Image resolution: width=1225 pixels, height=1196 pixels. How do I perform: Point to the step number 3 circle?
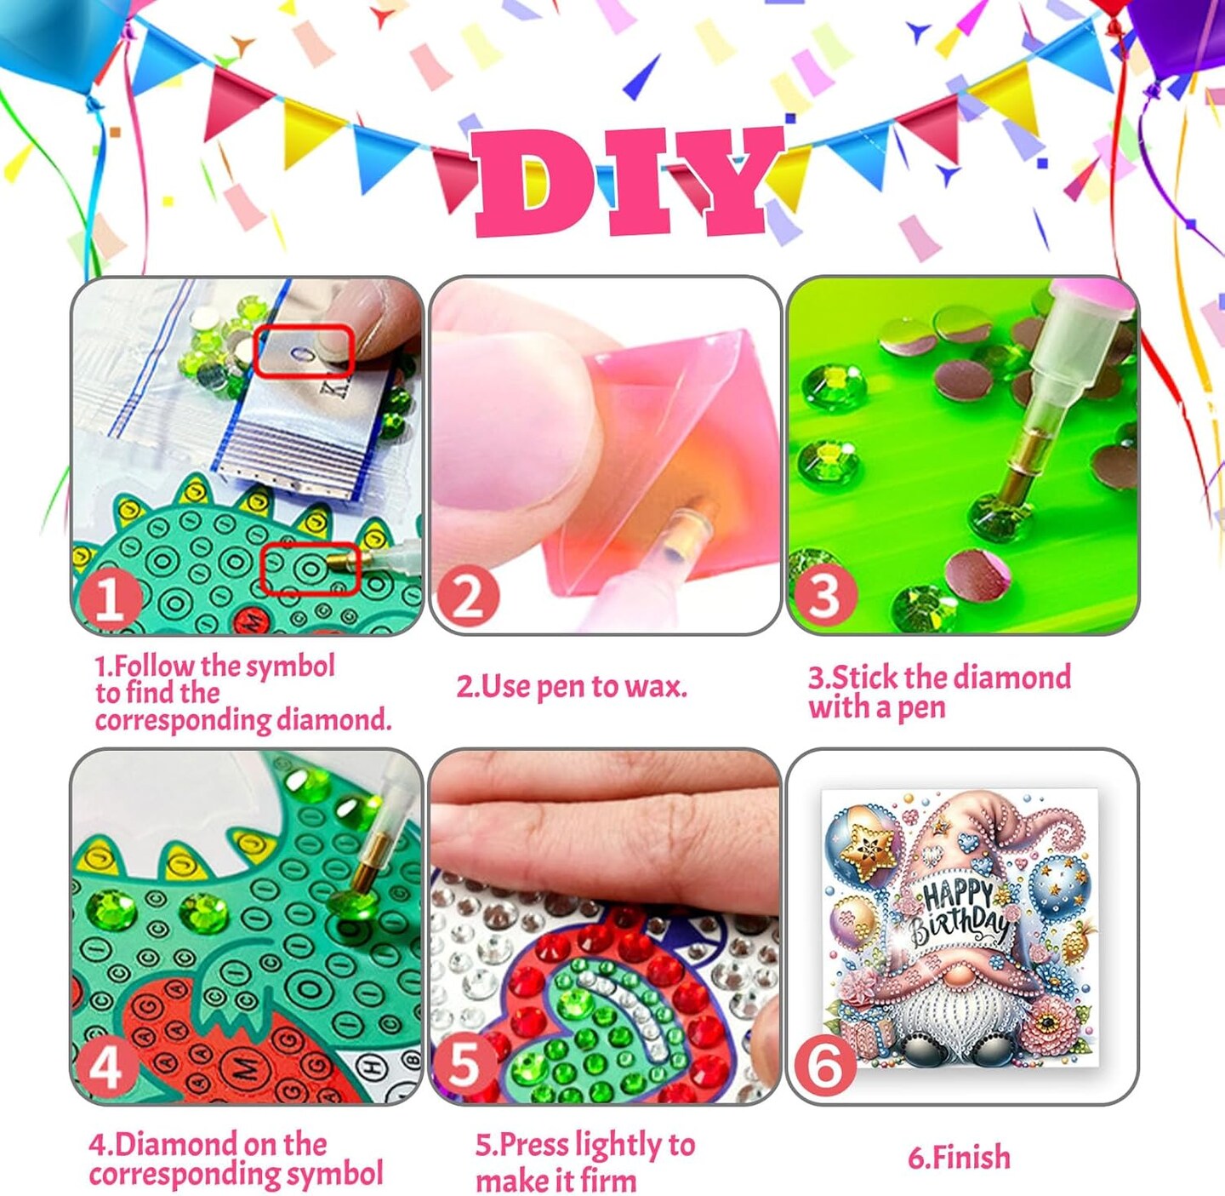tap(825, 595)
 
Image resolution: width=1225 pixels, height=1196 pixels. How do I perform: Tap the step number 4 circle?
tap(105, 1067)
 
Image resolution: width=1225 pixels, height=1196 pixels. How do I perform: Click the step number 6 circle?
tap(824, 1064)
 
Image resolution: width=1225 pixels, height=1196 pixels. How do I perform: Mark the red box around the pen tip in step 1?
tap(311, 569)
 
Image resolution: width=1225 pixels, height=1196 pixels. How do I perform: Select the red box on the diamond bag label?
tap(304, 351)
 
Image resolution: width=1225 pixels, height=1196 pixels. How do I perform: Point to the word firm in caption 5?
tap(608, 1181)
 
